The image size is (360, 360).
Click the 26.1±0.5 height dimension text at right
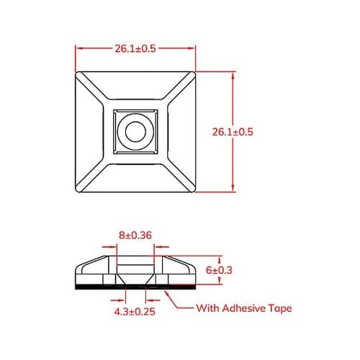(234, 132)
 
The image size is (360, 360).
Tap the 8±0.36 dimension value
(135, 234)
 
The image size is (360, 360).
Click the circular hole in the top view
(135, 130)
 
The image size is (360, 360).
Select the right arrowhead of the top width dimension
(193, 48)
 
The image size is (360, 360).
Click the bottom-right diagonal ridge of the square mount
(176, 172)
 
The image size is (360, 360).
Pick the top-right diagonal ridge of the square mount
(176, 90)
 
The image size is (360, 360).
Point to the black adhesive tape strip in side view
(94, 287)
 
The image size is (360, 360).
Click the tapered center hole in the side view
(135, 276)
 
